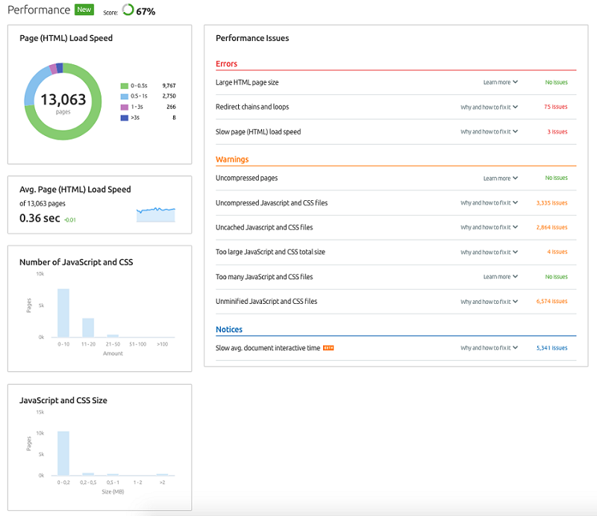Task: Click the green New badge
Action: click(84, 10)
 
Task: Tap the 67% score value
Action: click(146, 12)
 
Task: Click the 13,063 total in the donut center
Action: click(63, 99)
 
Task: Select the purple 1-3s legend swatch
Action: click(124, 107)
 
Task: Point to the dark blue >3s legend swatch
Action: click(124, 118)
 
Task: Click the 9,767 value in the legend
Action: click(169, 86)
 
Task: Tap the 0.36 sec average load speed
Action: click(40, 218)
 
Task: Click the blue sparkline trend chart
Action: click(156, 215)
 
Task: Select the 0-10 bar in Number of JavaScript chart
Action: click(63, 313)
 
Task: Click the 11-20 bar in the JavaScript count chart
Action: click(88, 328)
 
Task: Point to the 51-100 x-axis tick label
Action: click(137, 344)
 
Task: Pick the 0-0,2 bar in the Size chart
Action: click(63, 453)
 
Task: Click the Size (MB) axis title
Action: click(113, 491)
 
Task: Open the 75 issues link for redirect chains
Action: click(555, 107)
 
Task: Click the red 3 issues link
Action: click(557, 131)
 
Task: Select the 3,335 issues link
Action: click(551, 203)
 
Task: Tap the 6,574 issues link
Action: click(551, 301)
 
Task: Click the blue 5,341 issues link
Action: click(551, 348)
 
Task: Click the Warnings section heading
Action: click(232, 159)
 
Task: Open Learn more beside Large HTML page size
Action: click(500, 82)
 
